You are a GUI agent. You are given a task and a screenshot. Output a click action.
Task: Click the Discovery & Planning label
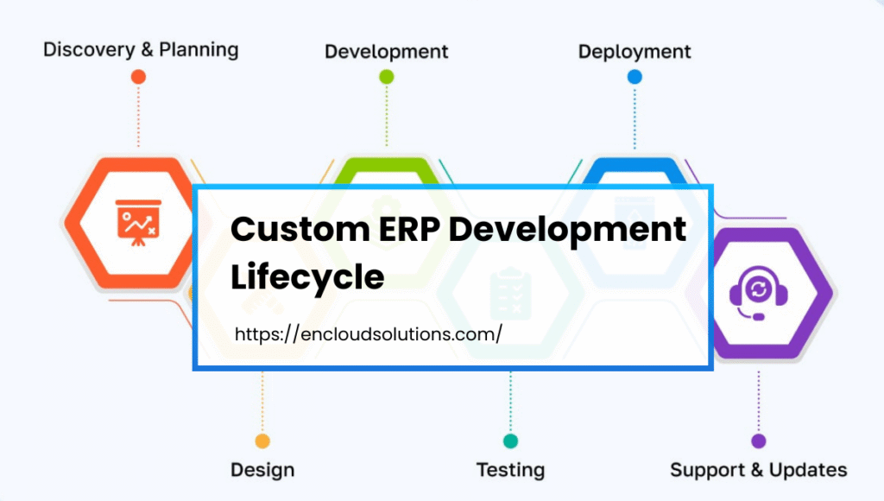(x=141, y=48)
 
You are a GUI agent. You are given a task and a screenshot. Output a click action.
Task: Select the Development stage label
(x=386, y=52)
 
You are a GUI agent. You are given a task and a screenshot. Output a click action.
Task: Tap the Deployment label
(x=635, y=52)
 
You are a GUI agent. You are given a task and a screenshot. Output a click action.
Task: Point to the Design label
(x=262, y=471)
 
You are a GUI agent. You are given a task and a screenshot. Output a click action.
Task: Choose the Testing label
(x=510, y=471)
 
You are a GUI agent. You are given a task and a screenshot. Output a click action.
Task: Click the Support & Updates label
(x=759, y=471)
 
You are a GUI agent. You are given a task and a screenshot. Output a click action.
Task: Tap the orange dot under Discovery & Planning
(x=138, y=77)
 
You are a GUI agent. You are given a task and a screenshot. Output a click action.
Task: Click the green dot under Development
(x=386, y=77)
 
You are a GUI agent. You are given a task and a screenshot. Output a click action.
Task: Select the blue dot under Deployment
(x=635, y=77)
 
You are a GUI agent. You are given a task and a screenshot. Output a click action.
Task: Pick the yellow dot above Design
(x=262, y=441)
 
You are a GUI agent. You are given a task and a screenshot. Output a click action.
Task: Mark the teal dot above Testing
(x=510, y=441)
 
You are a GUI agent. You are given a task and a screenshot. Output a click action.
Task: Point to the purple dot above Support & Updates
(x=759, y=441)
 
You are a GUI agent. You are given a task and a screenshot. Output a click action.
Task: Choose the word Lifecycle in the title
(x=307, y=278)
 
